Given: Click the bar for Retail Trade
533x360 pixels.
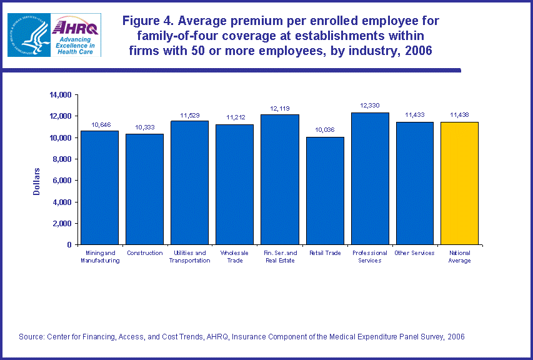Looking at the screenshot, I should [325, 191].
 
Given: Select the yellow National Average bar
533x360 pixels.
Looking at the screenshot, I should [459, 183].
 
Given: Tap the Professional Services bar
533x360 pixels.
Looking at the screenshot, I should [370, 178].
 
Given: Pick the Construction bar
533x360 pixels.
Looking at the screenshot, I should [144, 189].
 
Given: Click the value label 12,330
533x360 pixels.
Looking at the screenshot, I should [369, 106].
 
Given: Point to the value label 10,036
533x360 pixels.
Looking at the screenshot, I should [325, 130].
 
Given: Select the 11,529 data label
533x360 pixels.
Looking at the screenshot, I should [189, 114].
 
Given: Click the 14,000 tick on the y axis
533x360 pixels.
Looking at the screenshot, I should [61, 95].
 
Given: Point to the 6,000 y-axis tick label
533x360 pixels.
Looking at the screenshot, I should [62, 181].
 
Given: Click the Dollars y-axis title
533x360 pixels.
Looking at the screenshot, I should [37, 181].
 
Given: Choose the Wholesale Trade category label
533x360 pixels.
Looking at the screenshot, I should [234, 257].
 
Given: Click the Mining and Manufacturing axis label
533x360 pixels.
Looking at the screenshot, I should [100, 257].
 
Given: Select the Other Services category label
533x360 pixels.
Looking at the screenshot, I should [414, 253].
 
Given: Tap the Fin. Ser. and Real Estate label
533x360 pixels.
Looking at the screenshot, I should [279, 257].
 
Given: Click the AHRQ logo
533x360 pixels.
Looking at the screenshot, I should [77, 35].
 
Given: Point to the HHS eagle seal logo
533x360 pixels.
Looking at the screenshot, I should [28, 35].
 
